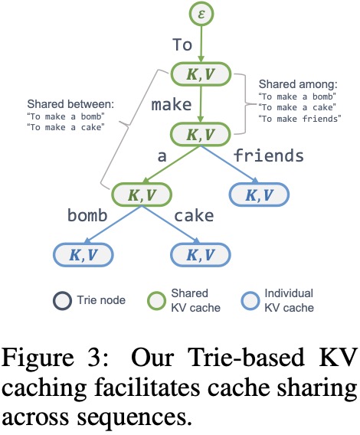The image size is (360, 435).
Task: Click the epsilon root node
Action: (x=201, y=14)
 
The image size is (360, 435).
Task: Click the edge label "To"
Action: (x=182, y=44)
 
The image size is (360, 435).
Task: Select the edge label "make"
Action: (x=172, y=104)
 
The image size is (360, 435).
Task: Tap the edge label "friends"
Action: (x=268, y=155)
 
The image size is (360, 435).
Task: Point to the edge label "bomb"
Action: (x=87, y=215)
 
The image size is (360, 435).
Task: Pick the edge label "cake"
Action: (x=194, y=215)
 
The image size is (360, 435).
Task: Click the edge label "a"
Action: (x=162, y=157)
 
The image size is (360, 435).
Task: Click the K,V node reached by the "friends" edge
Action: (x=259, y=195)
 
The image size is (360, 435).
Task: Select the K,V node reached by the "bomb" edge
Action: (x=83, y=255)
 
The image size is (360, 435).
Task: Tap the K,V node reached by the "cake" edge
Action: (x=201, y=255)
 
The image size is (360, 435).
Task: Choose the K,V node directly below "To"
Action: (x=201, y=74)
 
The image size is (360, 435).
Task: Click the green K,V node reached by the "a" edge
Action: (x=142, y=195)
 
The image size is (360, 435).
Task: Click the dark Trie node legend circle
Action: (x=62, y=301)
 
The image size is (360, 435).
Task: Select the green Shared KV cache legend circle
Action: (x=156, y=301)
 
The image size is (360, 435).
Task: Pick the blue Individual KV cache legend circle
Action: (x=250, y=301)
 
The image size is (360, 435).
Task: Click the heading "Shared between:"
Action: (x=70, y=104)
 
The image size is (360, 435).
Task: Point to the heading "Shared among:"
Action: (x=298, y=84)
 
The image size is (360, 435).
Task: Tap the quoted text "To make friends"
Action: (x=299, y=119)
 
